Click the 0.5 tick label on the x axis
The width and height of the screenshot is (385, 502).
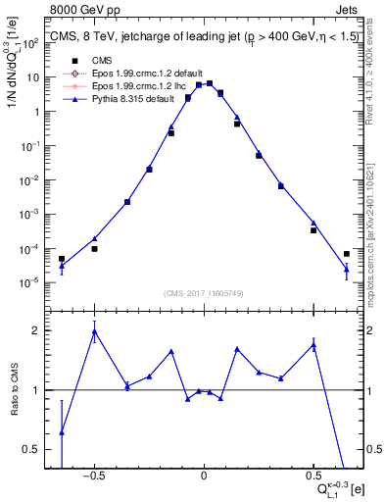tap(313, 477)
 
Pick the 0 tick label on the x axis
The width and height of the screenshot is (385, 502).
tap(204, 477)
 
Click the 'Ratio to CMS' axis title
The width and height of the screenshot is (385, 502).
tap(14, 389)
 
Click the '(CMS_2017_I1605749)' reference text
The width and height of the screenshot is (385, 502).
tap(204, 293)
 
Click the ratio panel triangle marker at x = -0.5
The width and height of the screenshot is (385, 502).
tap(94, 331)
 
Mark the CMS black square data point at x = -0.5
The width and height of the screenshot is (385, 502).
tap(94, 249)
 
